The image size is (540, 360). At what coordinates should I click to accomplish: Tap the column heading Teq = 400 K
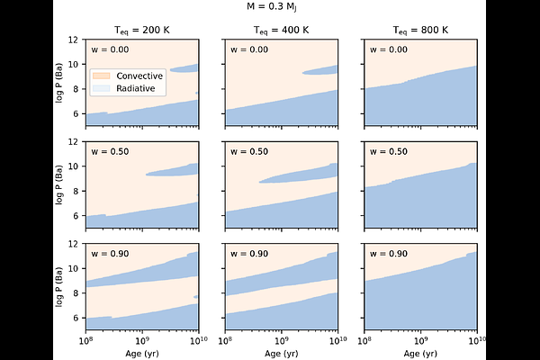[281, 30]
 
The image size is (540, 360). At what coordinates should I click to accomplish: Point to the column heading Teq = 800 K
[420, 30]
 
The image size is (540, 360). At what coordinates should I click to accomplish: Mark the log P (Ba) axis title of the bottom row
[60, 286]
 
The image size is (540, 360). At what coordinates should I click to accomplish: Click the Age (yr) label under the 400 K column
[281, 354]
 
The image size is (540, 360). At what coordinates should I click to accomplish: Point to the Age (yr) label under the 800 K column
[420, 354]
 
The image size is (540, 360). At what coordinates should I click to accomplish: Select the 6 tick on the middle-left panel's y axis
[79, 216]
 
